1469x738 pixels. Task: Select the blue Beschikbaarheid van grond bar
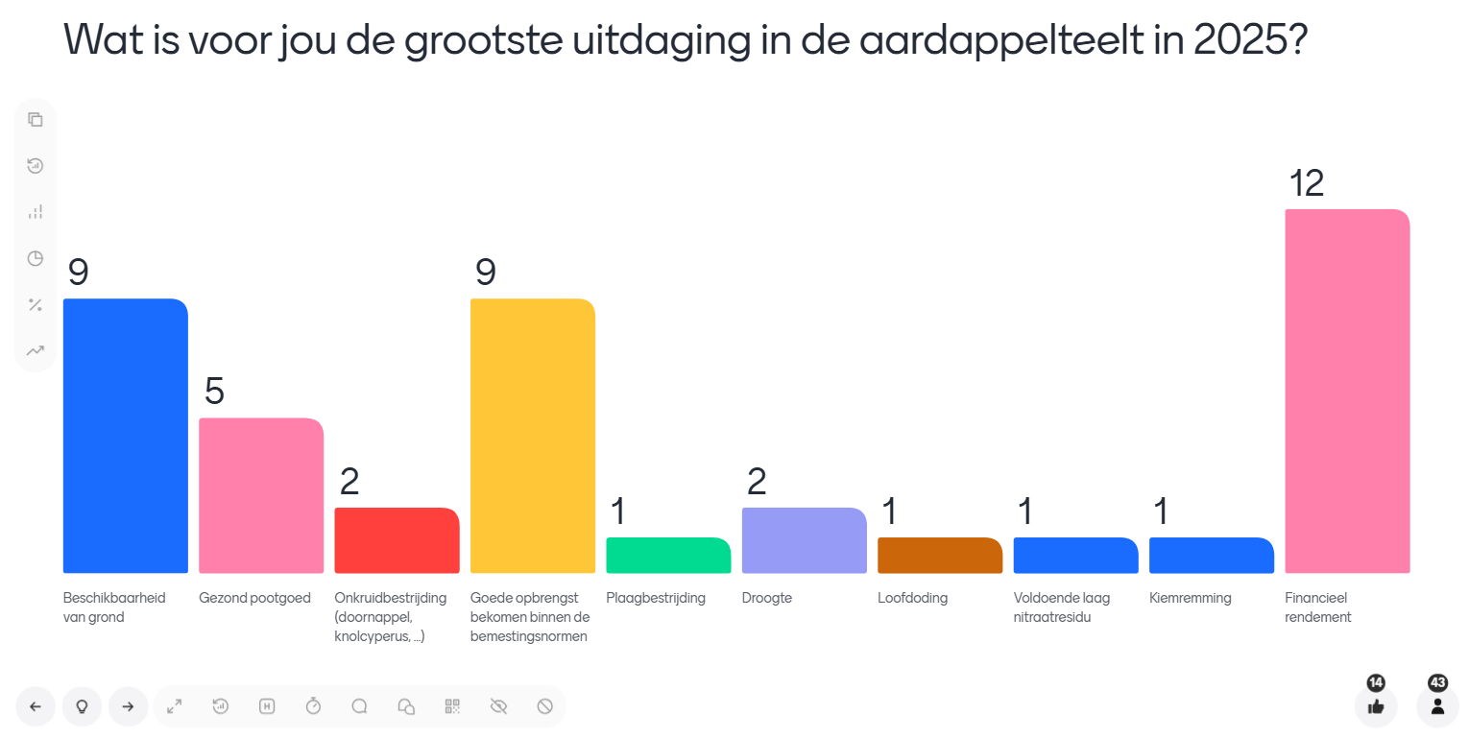[x=125, y=436]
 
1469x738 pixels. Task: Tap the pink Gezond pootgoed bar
[x=261, y=495]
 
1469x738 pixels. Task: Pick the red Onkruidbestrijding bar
[x=397, y=540]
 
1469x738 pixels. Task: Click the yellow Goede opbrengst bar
[x=533, y=436]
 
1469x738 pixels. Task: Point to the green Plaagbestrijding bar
[x=668, y=556]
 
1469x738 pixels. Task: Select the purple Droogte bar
[x=805, y=540]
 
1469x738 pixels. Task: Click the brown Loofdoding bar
[x=940, y=556]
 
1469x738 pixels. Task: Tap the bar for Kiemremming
[x=1212, y=556]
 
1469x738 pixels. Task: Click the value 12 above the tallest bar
[x=1307, y=183]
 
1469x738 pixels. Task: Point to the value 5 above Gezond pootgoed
[x=214, y=392]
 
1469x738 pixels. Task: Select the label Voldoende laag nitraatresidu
[x=1061, y=607]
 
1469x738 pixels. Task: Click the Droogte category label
[x=767, y=598]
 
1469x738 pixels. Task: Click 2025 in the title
[x=1239, y=39]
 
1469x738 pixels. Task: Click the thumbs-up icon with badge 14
[x=1376, y=706]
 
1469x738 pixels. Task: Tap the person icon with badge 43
[x=1437, y=706]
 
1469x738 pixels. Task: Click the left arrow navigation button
[x=36, y=706]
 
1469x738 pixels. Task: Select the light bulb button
[x=83, y=706]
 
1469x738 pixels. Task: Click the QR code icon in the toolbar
[x=452, y=706]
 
